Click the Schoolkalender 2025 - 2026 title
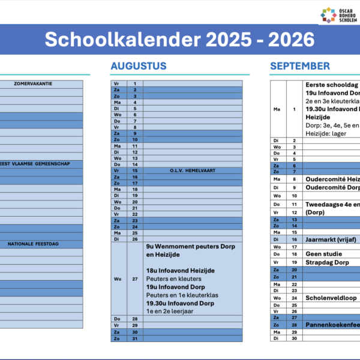pos(179,40)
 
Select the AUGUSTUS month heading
pos(139,66)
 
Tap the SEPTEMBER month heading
pos(299,66)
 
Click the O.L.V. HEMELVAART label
pos(193,170)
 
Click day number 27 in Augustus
pos(135,278)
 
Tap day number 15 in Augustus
pos(135,170)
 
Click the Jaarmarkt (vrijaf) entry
pos(331,239)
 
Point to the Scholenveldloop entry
pos(331,298)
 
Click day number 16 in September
pos(294,239)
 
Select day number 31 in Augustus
pos(135,339)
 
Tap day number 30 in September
pos(294,339)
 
